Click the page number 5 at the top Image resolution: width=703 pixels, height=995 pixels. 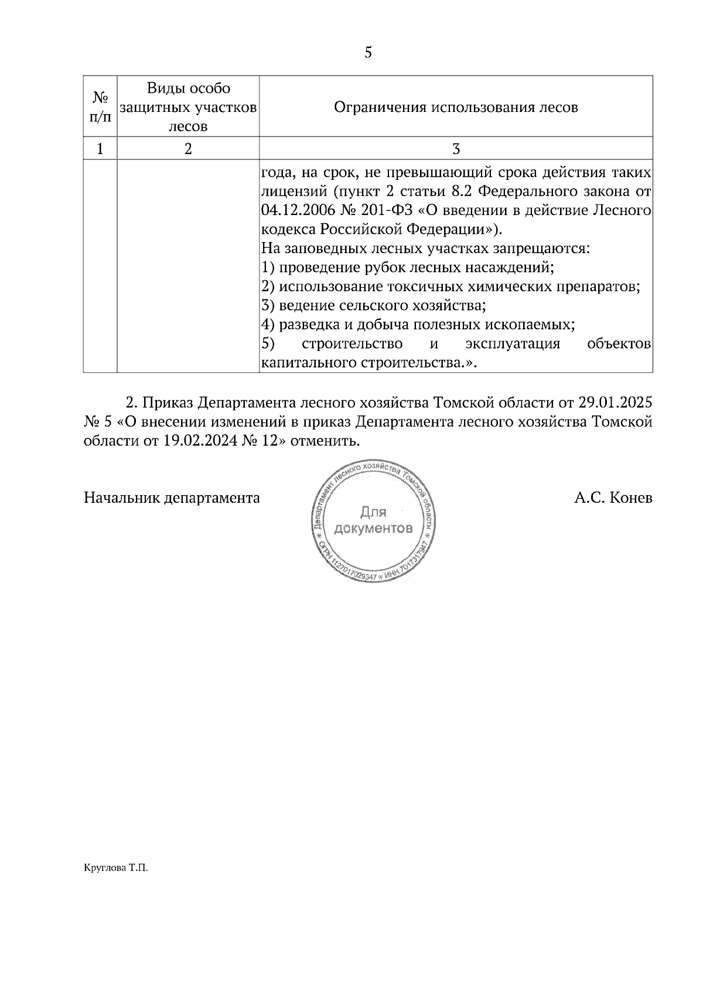(x=368, y=53)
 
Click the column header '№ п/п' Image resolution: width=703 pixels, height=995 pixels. (x=100, y=107)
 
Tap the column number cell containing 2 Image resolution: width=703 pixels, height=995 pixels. (x=188, y=149)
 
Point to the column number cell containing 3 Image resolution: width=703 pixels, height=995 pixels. (x=456, y=149)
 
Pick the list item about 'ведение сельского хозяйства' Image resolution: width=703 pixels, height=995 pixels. (x=373, y=306)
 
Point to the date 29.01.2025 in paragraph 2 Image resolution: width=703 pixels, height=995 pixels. (x=615, y=404)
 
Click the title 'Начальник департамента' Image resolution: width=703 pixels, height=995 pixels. (x=172, y=499)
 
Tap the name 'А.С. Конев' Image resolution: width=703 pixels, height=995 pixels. (x=613, y=499)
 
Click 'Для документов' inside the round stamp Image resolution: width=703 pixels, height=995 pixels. (x=373, y=521)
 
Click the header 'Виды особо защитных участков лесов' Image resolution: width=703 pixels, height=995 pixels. (x=188, y=107)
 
